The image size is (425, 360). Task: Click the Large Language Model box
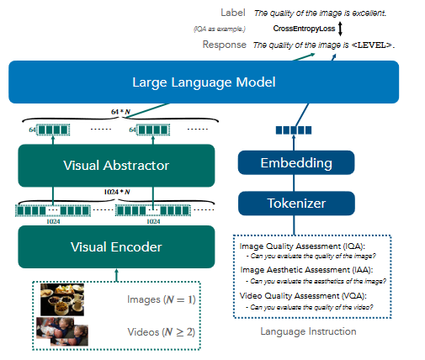click(204, 82)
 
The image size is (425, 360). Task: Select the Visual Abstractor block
click(116, 166)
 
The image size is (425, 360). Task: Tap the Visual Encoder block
click(116, 246)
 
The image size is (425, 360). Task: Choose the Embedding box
click(296, 162)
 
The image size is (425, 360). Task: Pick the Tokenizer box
click(296, 204)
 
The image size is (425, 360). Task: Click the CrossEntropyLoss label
click(304, 29)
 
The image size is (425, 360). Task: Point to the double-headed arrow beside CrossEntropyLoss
click(340, 29)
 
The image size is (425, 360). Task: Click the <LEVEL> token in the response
click(372, 45)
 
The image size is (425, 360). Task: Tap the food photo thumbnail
click(62, 299)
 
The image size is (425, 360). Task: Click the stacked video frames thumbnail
click(62, 331)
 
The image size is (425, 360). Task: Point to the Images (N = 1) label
click(162, 299)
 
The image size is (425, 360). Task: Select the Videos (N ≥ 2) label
click(162, 332)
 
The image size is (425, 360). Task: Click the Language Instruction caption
click(308, 331)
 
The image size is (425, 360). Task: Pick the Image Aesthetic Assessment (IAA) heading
click(306, 270)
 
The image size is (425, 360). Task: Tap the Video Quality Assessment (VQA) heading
click(303, 296)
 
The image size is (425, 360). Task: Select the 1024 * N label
click(117, 192)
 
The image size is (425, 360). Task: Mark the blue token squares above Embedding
click(294, 130)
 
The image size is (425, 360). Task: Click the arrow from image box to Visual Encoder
click(117, 275)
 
